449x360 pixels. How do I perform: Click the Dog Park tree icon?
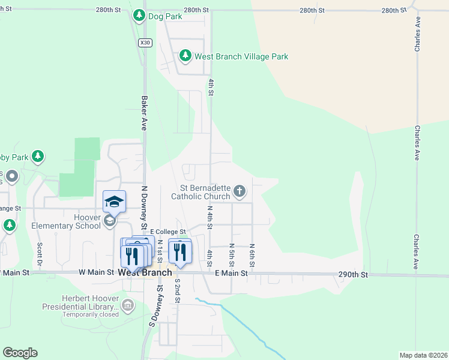click(139, 14)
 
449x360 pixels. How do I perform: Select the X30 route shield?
click(144, 43)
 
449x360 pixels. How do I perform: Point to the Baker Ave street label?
click(144, 112)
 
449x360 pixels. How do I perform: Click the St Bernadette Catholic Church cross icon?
click(240, 192)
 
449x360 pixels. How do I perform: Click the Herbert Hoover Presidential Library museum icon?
click(127, 306)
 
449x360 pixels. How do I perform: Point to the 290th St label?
click(352, 274)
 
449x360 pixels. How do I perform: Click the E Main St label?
click(231, 273)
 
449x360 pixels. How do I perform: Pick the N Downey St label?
click(144, 207)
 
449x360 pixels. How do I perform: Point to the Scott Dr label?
click(39, 254)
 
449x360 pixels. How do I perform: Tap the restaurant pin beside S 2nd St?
click(180, 252)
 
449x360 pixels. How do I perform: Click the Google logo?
click(20, 353)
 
